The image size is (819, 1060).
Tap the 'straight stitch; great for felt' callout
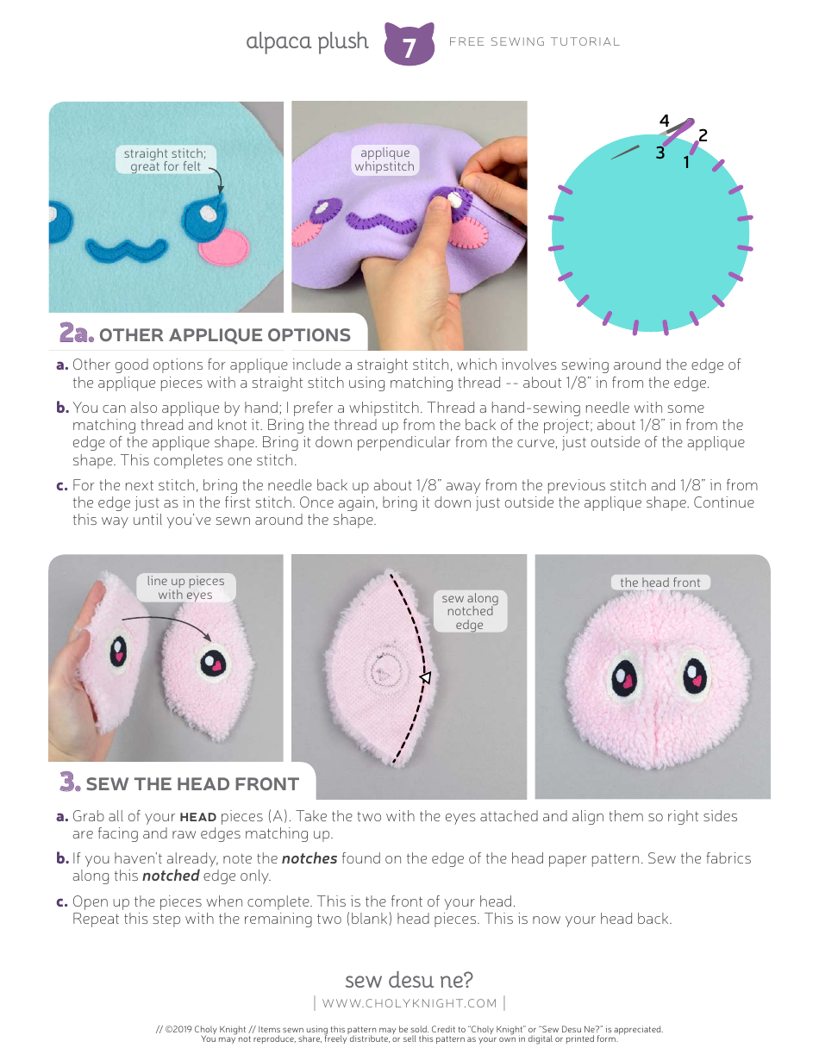(166, 160)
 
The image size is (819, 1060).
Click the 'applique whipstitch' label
(385, 159)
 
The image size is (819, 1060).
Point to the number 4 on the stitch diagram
(664, 122)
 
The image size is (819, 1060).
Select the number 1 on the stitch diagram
(686, 161)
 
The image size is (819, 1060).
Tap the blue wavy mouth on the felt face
(126, 251)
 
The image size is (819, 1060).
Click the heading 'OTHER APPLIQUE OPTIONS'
(224, 335)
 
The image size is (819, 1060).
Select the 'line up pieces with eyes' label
(185, 588)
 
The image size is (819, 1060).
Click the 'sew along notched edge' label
(469, 611)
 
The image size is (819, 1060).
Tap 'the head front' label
(660, 583)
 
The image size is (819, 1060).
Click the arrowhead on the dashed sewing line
(424, 679)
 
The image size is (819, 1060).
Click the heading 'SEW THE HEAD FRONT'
(191, 783)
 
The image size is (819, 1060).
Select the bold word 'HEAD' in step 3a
(198, 816)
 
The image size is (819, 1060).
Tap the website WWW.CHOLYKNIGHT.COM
(409, 1003)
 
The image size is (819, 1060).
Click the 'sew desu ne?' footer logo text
(409, 980)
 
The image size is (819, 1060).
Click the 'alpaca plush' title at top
(307, 41)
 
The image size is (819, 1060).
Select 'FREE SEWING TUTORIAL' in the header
(535, 41)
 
